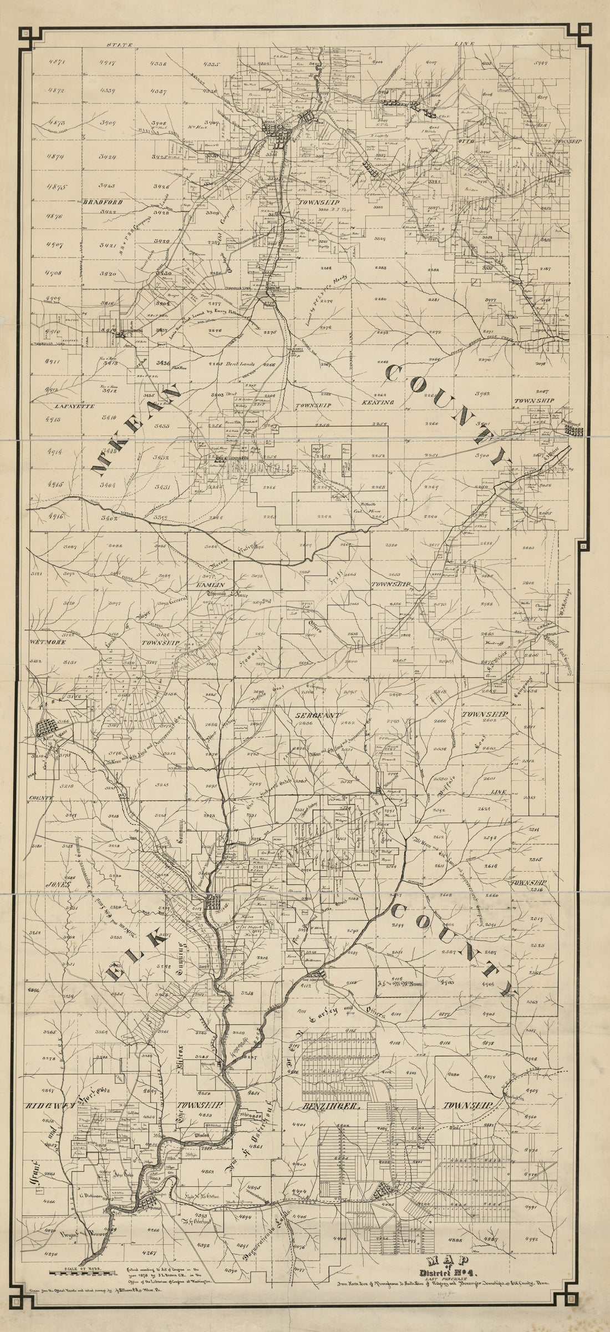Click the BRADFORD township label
pos(103,203)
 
